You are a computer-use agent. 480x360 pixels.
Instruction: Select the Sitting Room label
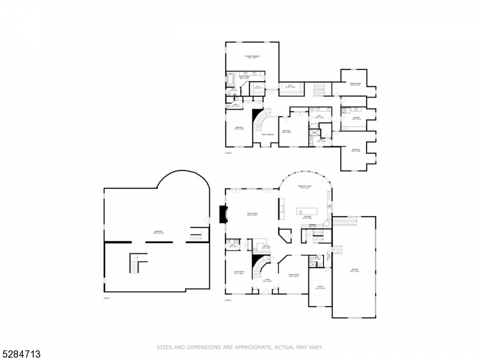coord(355,84)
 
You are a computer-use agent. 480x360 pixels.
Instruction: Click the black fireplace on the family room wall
coord(223,214)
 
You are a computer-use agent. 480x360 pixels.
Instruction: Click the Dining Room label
coord(294,276)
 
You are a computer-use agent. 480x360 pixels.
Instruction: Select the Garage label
coord(354,271)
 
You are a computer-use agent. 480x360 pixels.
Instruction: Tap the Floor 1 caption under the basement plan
coord(107,298)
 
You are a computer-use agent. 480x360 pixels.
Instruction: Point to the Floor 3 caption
coord(228,153)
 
